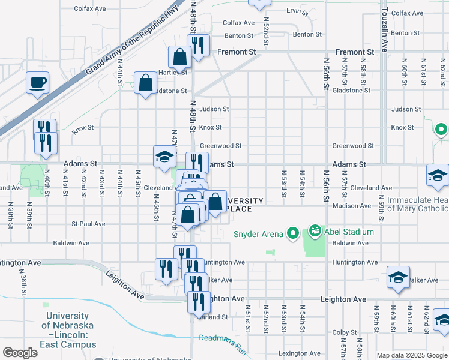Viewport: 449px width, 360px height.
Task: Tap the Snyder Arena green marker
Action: [293, 232]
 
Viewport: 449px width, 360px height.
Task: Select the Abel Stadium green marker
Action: [315, 230]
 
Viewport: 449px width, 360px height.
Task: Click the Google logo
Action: [20, 353]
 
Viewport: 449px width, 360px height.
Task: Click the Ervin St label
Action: [297, 11]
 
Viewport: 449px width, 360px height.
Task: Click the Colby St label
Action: [345, 332]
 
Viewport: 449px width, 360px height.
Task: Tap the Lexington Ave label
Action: [299, 353]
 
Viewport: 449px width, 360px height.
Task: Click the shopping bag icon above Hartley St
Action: [180, 57]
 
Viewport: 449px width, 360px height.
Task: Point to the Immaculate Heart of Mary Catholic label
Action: [417, 204]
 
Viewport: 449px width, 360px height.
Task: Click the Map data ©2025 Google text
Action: [412, 355]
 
